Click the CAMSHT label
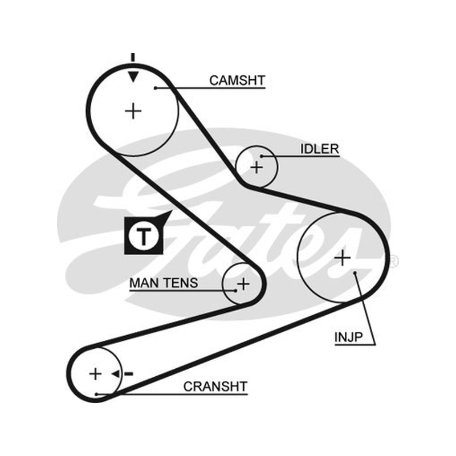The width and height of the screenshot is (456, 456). [237, 80]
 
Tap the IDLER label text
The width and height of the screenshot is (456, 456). [320, 149]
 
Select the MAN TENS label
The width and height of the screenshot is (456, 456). [164, 283]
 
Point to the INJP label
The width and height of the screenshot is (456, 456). [348, 337]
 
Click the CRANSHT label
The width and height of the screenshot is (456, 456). [215, 386]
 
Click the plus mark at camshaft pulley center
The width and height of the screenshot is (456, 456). [133, 111]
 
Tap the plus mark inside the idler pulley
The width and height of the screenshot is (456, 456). [256, 167]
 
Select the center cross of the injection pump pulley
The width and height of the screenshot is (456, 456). [343, 258]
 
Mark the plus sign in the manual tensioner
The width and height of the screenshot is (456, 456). [243, 284]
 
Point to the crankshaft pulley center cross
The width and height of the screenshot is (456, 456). [95, 374]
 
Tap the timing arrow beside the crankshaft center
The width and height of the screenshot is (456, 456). [122, 374]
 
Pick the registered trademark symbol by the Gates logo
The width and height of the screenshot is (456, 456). [394, 261]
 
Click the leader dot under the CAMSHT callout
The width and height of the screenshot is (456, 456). [156, 88]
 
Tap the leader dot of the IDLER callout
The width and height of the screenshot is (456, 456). [262, 156]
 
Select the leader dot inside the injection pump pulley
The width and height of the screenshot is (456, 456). [355, 273]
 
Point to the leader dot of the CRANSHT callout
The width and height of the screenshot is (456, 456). [96, 394]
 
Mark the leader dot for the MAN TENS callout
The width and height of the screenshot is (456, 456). [235, 290]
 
